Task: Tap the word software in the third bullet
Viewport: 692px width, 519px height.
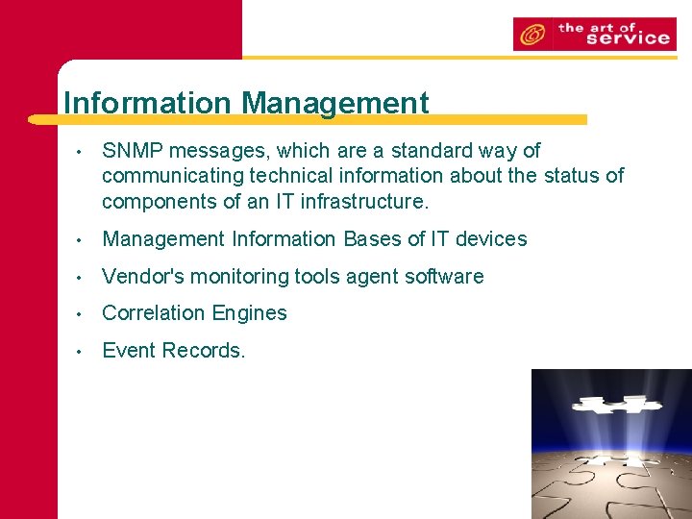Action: tap(445, 277)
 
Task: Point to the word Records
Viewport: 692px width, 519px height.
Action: tap(204, 351)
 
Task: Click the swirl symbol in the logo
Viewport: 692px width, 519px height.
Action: tap(530, 36)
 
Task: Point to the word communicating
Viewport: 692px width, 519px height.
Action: tap(173, 176)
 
